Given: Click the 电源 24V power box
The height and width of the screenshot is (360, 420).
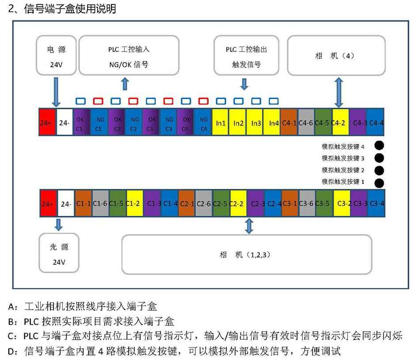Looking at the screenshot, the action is pyautogui.click(x=56, y=55).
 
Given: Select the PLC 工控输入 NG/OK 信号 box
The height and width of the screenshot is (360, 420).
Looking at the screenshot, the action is pyautogui.click(x=129, y=55).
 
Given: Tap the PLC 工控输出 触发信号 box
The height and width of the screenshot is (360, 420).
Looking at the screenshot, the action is pyautogui.click(x=246, y=55).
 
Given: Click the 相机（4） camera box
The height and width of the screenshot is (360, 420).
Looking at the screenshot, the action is pyautogui.click(x=336, y=55).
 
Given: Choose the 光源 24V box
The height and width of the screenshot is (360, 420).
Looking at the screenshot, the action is pyautogui.click(x=59, y=253).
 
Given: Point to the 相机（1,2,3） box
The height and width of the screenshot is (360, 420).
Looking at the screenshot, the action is pyautogui.click(x=247, y=254).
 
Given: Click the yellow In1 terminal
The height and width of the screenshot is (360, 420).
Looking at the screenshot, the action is pyautogui.click(x=220, y=122).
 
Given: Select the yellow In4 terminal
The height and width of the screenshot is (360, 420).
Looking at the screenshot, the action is pyautogui.click(x=272, y=122).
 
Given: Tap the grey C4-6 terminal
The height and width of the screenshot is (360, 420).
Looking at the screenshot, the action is pyautogui.click(x=305, y=122).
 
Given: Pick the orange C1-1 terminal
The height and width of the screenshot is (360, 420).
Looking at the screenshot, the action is pyautogui.click(x=83, y=203).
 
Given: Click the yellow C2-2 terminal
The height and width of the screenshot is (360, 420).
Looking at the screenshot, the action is pyautogui.click(x=238, y=203).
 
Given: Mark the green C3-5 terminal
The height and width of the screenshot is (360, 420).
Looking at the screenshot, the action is pyautogui.click(x=324, y=203).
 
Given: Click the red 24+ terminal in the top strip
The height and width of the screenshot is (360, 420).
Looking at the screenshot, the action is pyautogui.click(x=47, y=122).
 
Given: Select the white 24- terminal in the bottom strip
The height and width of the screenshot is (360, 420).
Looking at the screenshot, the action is pyautogui.click(x=66, y=203).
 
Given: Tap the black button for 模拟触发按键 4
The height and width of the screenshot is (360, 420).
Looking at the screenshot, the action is pyautogui.click(x=379, y=146).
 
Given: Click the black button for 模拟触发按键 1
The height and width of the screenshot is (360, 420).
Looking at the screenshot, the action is pyautogui.click(x=379, y=183).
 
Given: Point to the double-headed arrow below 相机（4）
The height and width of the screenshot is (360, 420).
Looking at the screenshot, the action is pyautogui.click(x=339, y=93).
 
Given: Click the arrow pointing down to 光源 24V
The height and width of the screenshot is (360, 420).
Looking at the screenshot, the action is pyautogui.click(x=59, y=225).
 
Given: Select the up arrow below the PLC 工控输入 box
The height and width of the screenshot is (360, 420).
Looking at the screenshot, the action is pyautogui.click(x=125, y=84).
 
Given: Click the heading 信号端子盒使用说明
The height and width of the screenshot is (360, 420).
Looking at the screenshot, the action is pyautogui.click(x=70, y=8).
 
